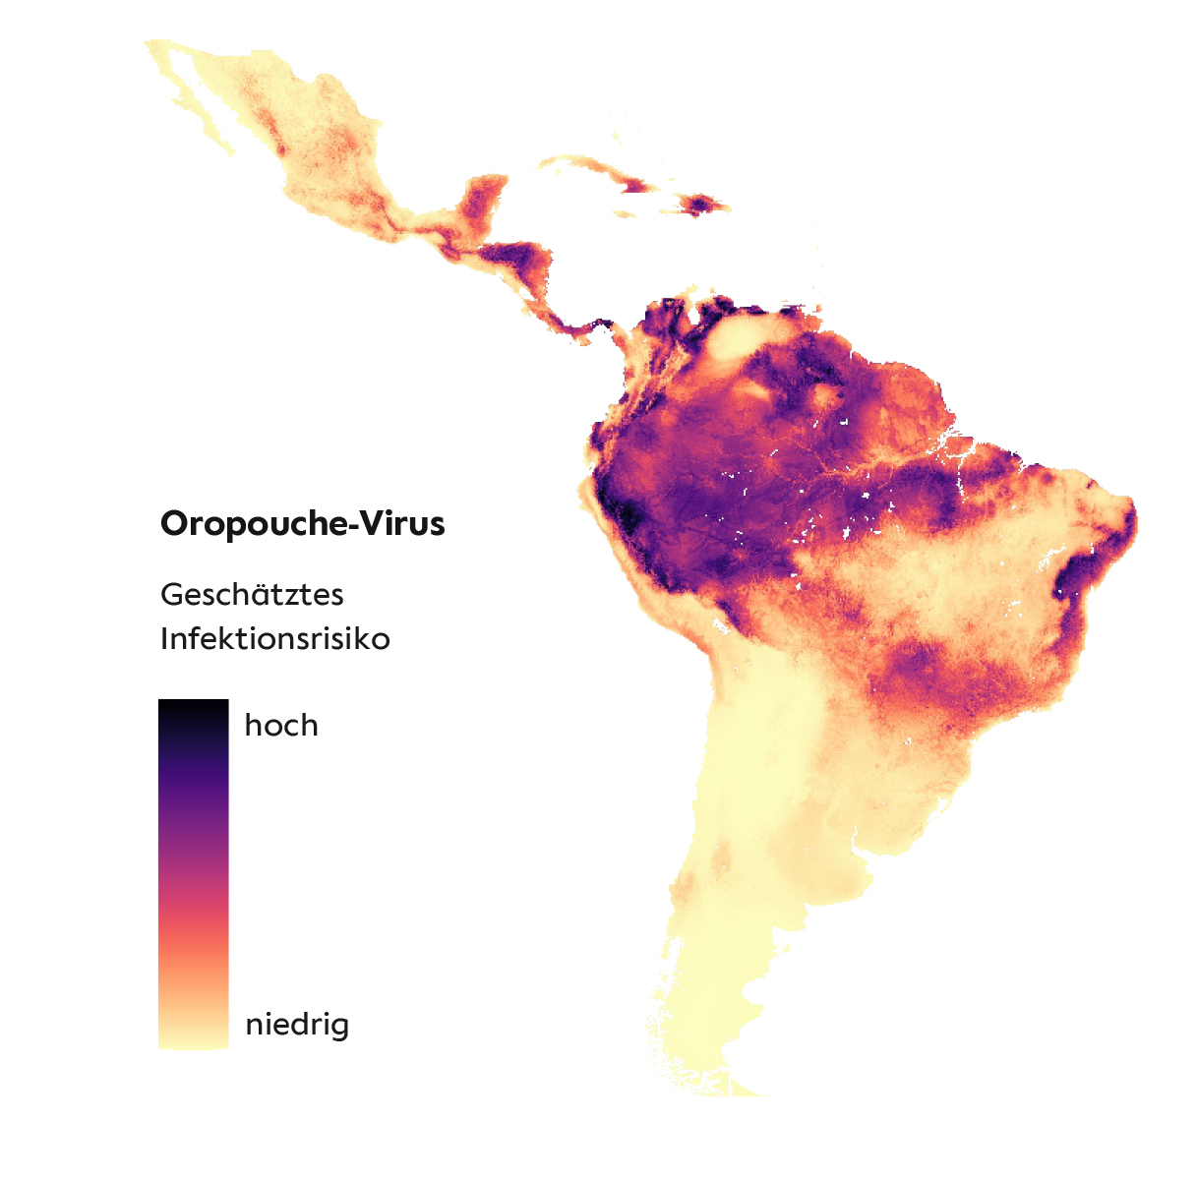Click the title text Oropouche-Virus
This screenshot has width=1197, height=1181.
click(302, 523)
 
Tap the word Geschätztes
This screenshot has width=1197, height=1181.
click(252, 595)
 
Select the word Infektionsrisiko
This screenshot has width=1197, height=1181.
click(274, 639)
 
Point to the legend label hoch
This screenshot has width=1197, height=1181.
click(281, 726)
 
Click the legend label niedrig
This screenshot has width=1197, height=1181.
click(296, 1025)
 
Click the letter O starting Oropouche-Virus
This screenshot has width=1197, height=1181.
click(173, 523)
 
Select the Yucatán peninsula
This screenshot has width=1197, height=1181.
click(481, 196)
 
